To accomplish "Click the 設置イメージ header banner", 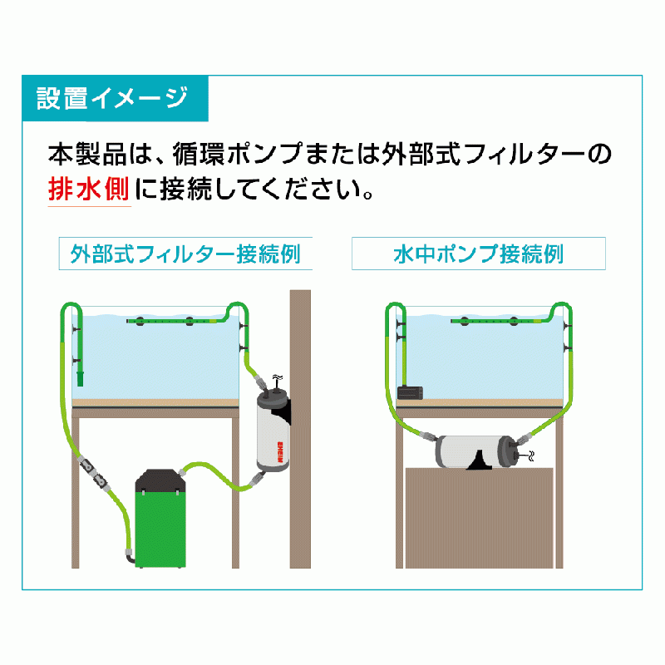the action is tap(115, 98).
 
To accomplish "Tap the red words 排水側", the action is tap(89, 189).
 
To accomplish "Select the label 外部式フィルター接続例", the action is tap(185, 254).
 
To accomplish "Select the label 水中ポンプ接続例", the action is tap(479, 254).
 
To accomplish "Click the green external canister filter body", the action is tap(160, 529).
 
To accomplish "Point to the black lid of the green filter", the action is tap(160, 480).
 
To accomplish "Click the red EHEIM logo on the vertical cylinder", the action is tap(280, 452).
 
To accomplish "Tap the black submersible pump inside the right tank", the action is tap(410, 392).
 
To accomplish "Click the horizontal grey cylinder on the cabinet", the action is tap(474, 451).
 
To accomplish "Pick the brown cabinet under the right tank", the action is tap(480, 518).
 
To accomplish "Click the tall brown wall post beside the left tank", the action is tap(300, 429).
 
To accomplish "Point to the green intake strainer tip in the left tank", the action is tap(80, 378).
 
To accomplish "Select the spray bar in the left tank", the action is tap(172, 321).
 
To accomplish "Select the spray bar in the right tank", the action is tap(496, 321).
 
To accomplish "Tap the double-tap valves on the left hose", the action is tap(93, 471).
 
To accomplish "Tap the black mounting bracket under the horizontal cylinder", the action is tap(480, 461).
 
